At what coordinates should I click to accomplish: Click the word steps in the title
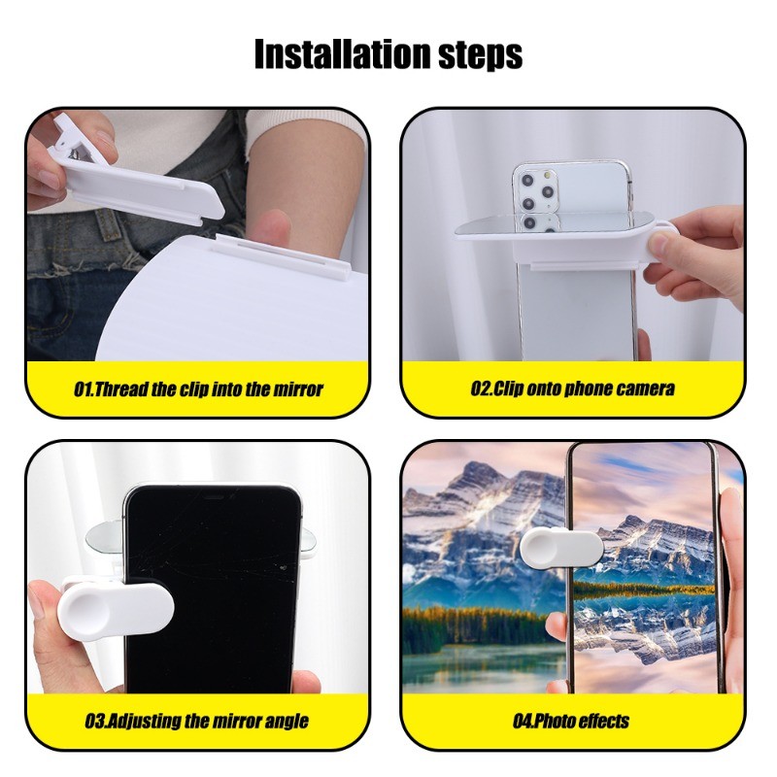click(481, 55)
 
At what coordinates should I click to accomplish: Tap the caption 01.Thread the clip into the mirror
click(198, 389)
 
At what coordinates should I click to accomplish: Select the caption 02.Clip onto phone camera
click(573, 388)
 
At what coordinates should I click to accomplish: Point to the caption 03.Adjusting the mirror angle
click(197, 721)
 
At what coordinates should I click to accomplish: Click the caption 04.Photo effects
click(571, 721)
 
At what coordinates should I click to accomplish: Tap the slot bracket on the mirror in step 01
click(284, 256)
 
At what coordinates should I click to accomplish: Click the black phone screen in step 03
click(213, 590)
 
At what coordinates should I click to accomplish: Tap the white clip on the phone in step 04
click(561, 548)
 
